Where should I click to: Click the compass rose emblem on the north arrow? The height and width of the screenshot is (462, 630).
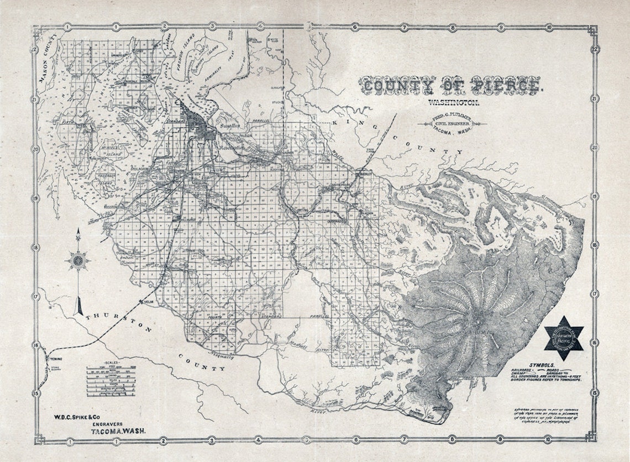pyautogui.click(x=78, y=259)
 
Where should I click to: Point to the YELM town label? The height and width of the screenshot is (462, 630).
pyautogui.click(x=148, y=302)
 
